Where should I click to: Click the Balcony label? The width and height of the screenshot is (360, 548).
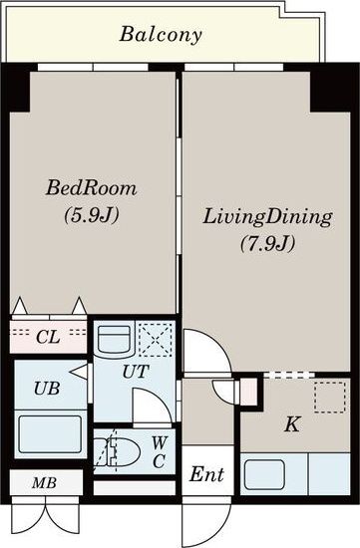click(161, 35)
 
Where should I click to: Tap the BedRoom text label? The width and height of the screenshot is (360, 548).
click(91, 188)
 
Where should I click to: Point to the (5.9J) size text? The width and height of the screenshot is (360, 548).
click(92, 214)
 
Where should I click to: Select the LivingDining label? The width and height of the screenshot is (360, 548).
click(267, 217)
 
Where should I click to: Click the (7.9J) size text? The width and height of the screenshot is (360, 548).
click(267, 243)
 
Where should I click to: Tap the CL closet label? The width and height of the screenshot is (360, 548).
click(48, 337)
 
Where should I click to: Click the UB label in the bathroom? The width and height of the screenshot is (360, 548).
click(47, 388)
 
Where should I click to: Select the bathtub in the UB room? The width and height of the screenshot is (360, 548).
click(50, 434)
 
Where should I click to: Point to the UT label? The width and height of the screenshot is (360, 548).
click(136, 372)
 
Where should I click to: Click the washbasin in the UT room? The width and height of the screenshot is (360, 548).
click(114, 339)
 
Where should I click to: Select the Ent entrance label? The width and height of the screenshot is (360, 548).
click(206, 474)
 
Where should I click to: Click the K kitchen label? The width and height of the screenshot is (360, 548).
click(291, 425)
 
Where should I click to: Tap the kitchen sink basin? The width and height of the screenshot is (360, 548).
click(264, 475)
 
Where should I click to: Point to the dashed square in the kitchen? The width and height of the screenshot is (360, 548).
click(329, 398)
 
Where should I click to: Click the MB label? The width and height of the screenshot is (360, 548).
click(44, 483)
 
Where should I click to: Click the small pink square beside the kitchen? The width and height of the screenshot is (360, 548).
click(249, 393)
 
